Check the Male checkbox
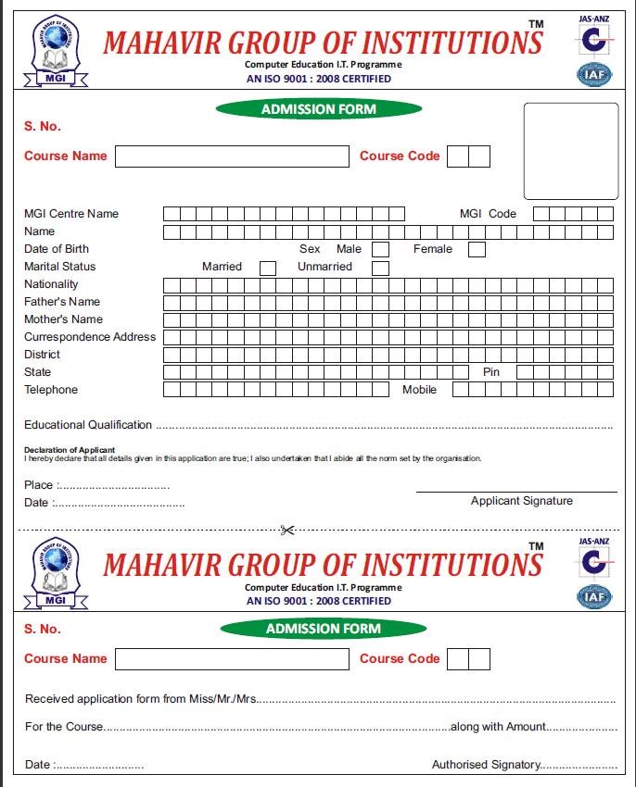[x=380, y=249]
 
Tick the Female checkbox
[x=477, y=249]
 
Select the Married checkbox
[x=268, y=268]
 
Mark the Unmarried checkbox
[x=380, y=268]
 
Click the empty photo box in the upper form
[x=570, y=151]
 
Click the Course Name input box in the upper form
[x=232, y=156]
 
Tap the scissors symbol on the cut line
[x=286, y=531]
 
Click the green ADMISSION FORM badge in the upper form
[x=318, y=109]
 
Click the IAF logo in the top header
[x=594, y=74]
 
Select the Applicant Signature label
[x=521, y=501]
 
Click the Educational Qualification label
[x=88, y=425]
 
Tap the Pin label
[x=491, y=372]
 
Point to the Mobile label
[x=419, y=390]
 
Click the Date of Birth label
[x=57, y=249]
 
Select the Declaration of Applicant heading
[x=70, y=450]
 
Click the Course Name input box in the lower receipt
[x=232, y=659]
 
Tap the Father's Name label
[x=62, y=302]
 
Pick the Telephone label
[x=51, y=390]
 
